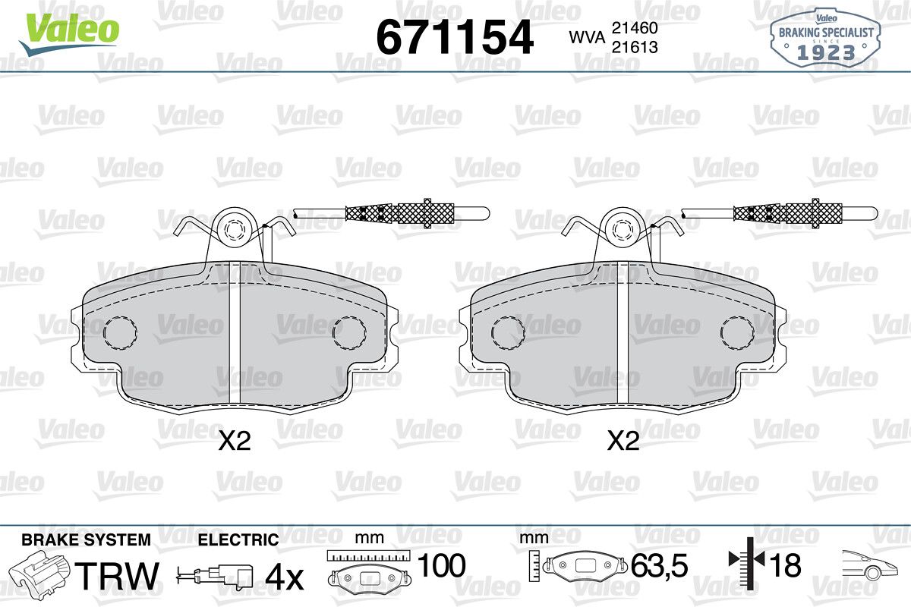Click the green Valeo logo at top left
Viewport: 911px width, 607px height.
(x=69, y=33)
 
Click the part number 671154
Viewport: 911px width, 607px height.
(x=455, y=37)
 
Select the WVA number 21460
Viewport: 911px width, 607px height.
(x=635, y=28)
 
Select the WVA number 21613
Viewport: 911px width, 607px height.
(x=635, y=48)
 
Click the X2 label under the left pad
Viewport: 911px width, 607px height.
(x=235, y=441)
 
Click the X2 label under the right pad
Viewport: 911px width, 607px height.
(x=623, y=441)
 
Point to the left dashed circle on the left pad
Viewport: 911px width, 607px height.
(x=120, y=332)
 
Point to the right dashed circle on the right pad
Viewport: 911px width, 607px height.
(x=737, y=332)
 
